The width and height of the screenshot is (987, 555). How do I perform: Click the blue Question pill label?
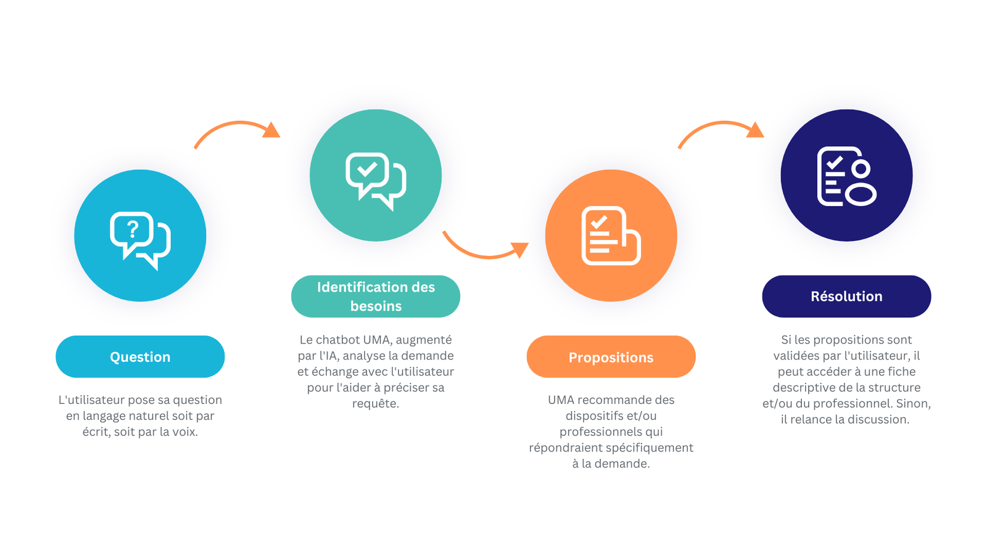140,356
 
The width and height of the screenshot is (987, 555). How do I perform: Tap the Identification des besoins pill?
376,297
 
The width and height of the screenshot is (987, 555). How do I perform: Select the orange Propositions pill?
611,357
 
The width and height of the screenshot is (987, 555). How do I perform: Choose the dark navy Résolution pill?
846,297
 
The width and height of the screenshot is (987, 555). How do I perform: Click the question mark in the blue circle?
133,229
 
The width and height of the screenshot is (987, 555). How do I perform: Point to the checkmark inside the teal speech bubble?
367,169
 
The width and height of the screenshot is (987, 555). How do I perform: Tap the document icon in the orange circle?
611,236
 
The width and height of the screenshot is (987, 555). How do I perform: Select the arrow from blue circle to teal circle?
238,124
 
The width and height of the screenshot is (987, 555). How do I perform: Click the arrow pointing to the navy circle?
722,124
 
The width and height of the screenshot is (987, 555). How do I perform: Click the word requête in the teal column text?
376,404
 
